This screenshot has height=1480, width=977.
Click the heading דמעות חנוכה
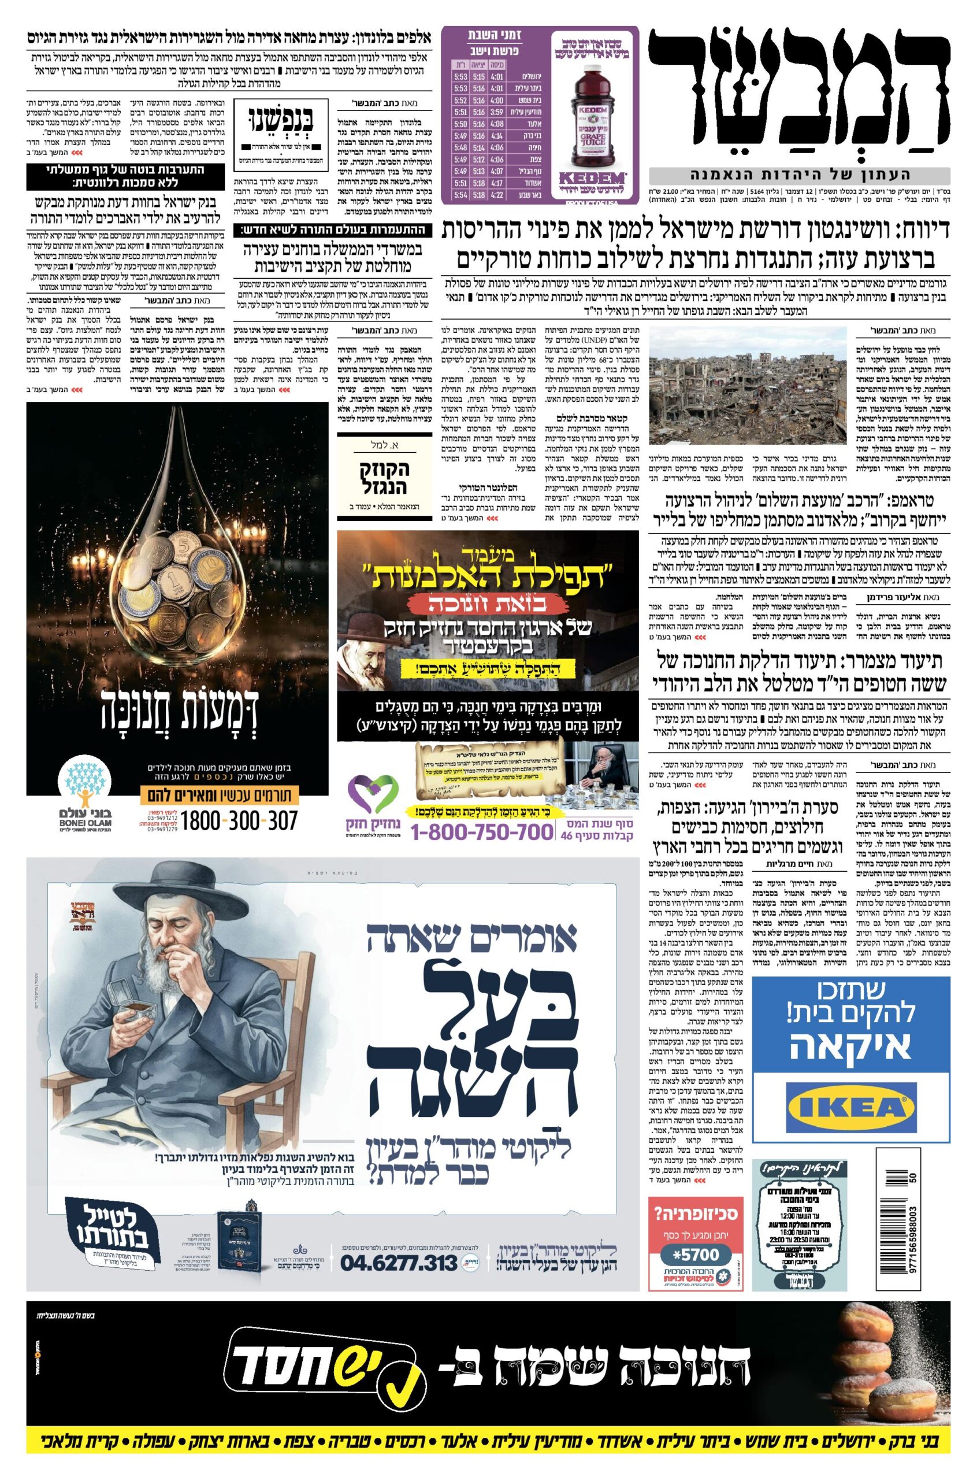(x=177, y=719)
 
